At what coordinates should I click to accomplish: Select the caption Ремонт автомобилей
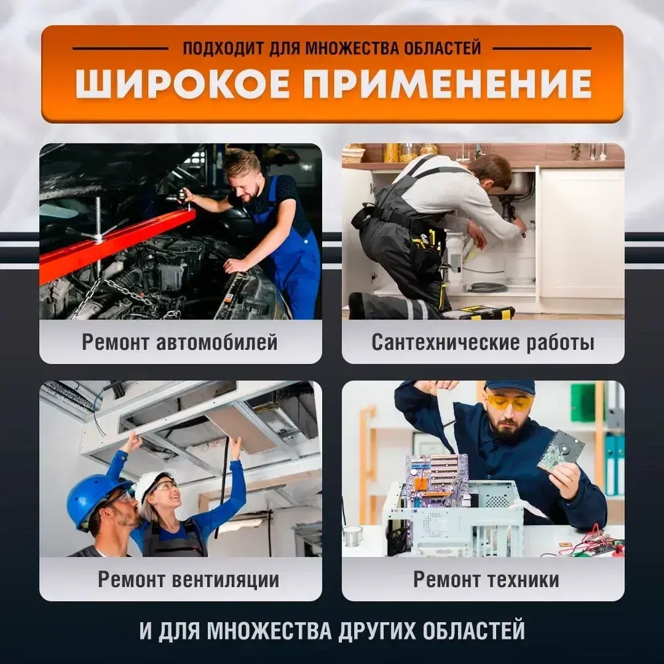pos(180,342)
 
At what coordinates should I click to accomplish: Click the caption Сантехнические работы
pos(483,342)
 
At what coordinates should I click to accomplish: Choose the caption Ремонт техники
pos(486,579)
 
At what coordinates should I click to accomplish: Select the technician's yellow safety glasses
pos(509,402)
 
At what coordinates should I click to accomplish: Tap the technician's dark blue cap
pos(510,386)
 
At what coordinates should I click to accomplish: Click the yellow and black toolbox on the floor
pos(478,312)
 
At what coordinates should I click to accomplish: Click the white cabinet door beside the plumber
pos(580,232)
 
